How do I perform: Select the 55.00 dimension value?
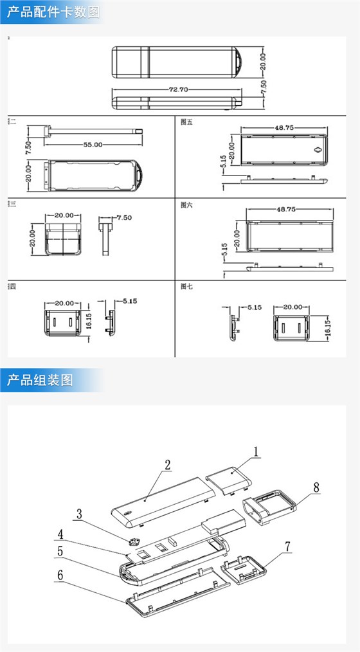point(93,145)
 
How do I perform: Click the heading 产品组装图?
point(40,379)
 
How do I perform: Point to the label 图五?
point(187,122)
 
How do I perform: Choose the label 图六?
point(187,204)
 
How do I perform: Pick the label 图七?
point(187,286)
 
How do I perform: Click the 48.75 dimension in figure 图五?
point(284,128)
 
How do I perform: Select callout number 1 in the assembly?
point(256,452)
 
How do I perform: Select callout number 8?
point(316,487)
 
